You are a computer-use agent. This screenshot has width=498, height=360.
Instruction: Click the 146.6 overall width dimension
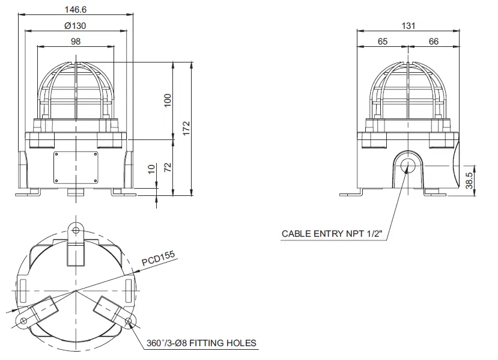[x=76, y=9]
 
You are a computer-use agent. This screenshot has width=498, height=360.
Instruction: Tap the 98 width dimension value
[x=76, y=41]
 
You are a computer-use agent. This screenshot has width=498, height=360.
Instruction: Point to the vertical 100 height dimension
[x=168, y=100]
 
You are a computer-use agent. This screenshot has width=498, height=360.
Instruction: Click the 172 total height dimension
[x=186, y=127]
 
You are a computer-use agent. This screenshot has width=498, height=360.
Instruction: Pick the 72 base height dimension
[x=168, y=166]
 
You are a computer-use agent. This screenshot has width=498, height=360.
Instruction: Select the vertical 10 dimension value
[x=152, y=170]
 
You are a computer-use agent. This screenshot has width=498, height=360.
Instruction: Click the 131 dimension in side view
[x=408, y=25]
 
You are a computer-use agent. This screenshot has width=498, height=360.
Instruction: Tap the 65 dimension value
[x=383, y=41]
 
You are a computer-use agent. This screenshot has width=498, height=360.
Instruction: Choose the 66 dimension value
[x=434, y=41]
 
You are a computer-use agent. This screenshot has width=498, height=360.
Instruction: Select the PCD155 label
[x=158, y=259]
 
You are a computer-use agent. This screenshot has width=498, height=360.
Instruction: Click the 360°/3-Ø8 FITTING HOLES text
[x=201, y=343]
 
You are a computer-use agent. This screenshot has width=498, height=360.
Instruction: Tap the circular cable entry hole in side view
[x=408, y=163]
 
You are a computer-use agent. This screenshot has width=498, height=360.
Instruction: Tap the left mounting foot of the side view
[x=351, y=194]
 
